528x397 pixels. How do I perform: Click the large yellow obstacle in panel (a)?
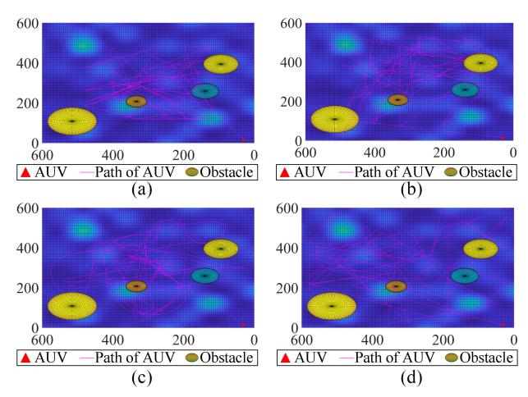[x=72, y=121]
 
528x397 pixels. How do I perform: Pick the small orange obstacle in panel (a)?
[x=136, y=102]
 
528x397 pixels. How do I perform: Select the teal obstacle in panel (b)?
[x=465, y=89]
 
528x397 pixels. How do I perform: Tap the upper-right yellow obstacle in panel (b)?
[x=480, y=62]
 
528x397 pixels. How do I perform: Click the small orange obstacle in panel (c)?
[x=136, y=286]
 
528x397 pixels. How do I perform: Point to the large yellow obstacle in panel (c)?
[x=72, y=306]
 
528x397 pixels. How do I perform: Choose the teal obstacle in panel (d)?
[x=465, y=276]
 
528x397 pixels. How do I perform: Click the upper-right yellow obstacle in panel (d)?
[x=480, y=248]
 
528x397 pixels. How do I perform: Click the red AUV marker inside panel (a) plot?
[x=243, y=139]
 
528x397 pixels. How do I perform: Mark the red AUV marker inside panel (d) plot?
[x=503, y=324]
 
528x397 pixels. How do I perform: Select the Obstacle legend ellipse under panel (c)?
[x=192, y=358]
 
